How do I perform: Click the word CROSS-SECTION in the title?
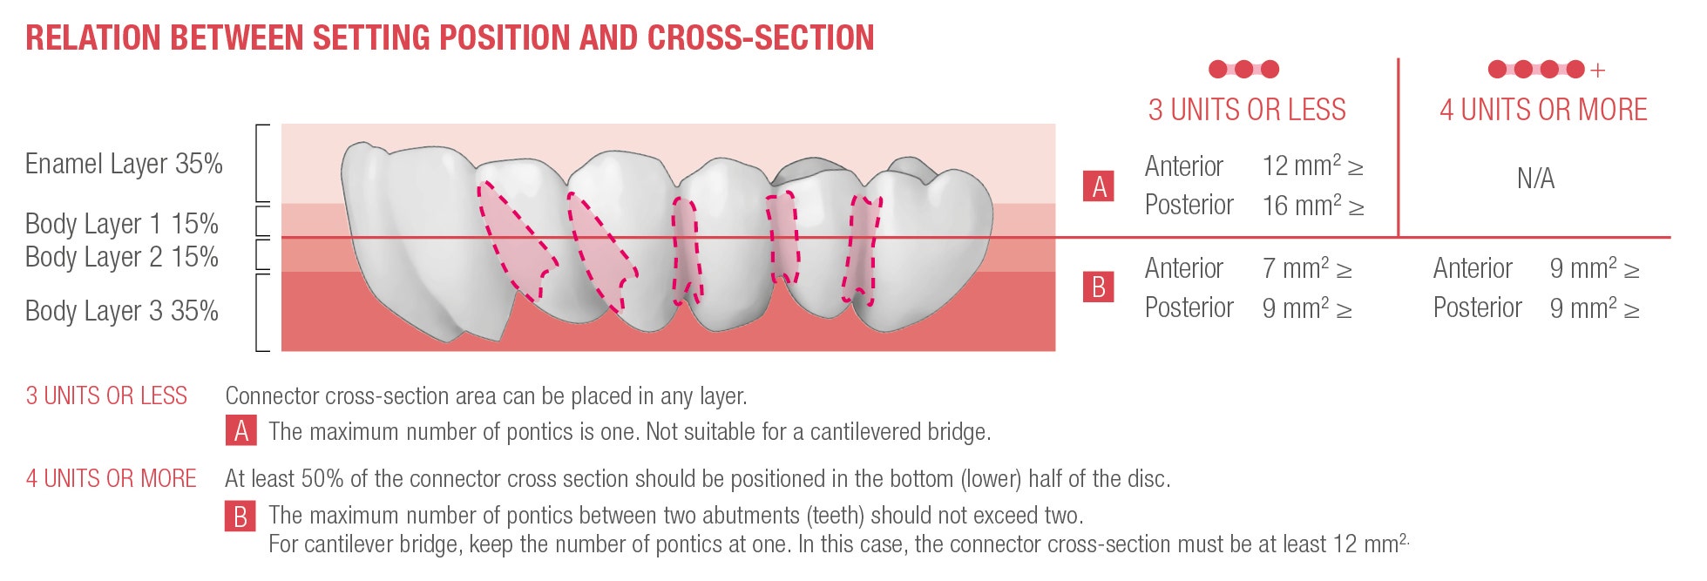pyautogui.click(x=761, y=37)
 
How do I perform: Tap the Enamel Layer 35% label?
pyautogui.click(x=124, y=164)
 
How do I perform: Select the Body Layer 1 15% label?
pyautogui.click(x=122, y=224)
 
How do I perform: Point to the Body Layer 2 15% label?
pyautogui.click(x=122, y=257)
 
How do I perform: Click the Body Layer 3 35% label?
pyautogui.click(x=122, y=311)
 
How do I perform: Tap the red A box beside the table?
pyautogui.click(x=1099, y=186)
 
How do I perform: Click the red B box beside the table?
pyautogui.click(x=1099, y=287)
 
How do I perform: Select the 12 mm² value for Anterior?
pyautogui.click(x=1312, y=166)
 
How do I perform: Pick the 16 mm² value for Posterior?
pyautogui.click(x=1312, y=206)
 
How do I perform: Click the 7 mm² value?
pyautogui.click(x=1307, y=268)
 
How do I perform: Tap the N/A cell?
pyautogui.click(x=1535, y=179)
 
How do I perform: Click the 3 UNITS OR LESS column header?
pyautogui.click(x=1247, y=110)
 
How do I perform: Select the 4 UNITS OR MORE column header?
pyautogui.click(x=1543, y=110)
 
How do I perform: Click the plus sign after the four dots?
pyautogui.click(x=1597, y=70)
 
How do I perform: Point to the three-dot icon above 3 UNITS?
pyautogui.click(x=1244, y=69)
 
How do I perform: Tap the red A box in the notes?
pyautogui.click(x=240, y=431)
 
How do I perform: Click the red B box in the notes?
pyautogui.click(x=240, y=516)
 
